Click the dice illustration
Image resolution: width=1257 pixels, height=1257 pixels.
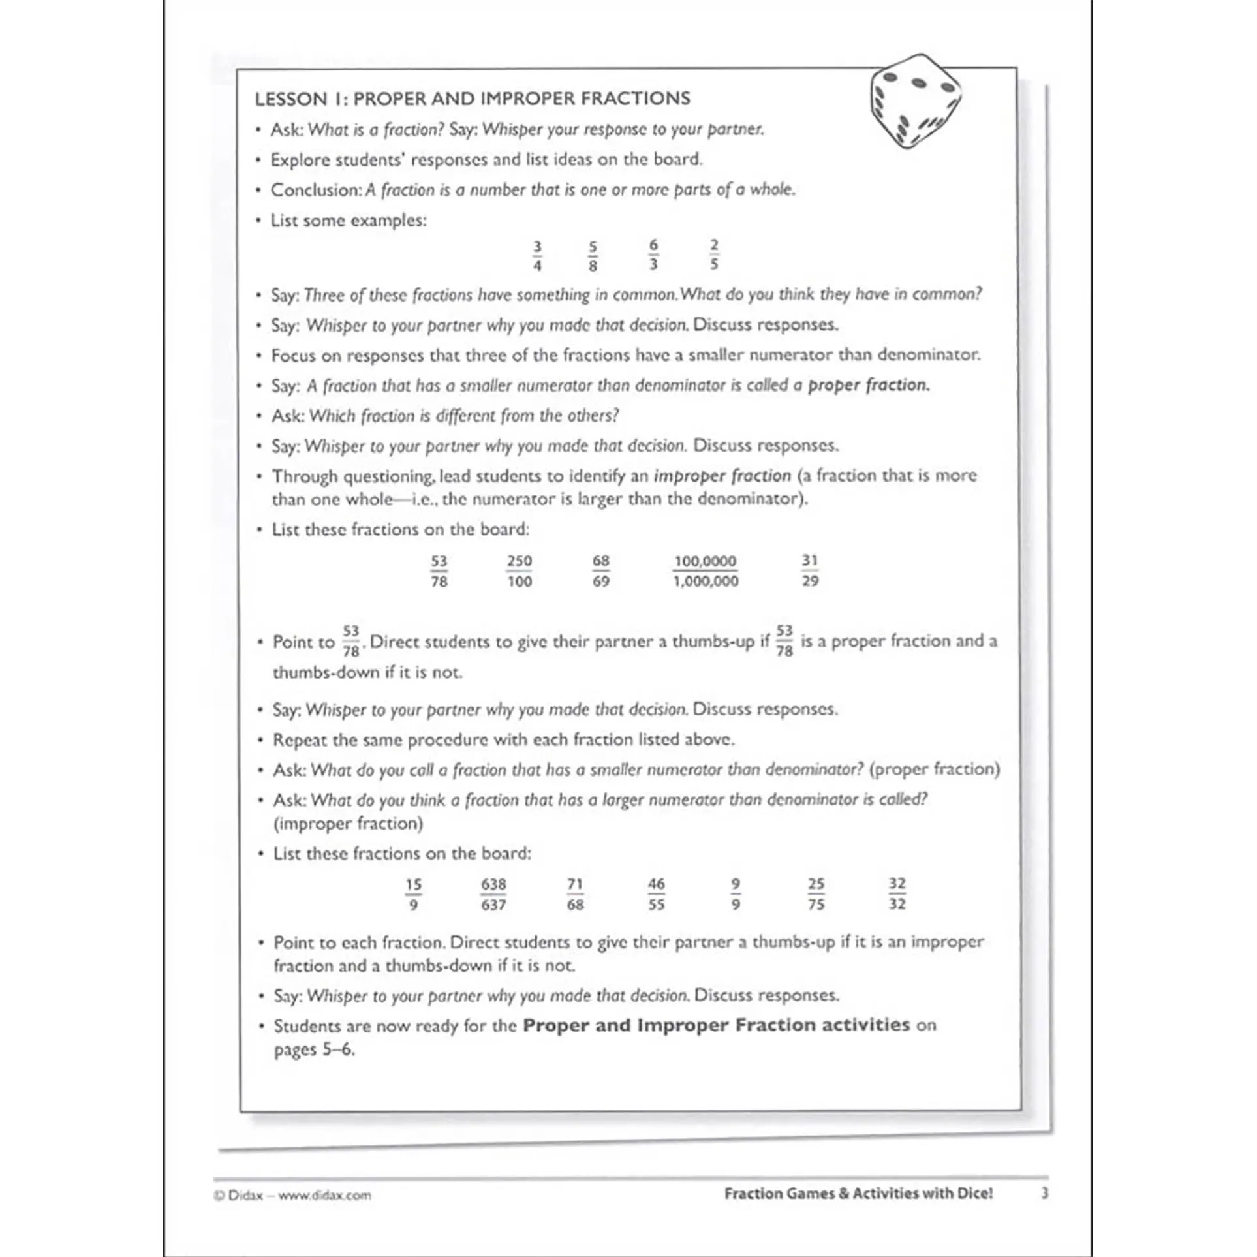coord(915,101)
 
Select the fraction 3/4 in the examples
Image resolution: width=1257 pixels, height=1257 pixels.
coord(537,256)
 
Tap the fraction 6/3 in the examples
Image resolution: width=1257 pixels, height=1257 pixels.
coord(653,255)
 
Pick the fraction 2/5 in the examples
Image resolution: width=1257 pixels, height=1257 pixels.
coord(714,255)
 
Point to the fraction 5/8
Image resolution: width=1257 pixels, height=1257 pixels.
coord(593,256)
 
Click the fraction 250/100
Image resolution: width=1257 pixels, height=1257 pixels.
coord(520,571)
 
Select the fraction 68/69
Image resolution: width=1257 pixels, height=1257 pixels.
coord(601,571)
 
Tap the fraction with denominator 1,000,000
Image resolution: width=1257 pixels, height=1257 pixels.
coord(706,571)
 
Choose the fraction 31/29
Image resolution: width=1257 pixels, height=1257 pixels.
coord(810,570)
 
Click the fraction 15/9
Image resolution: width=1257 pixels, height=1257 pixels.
coord(413,895)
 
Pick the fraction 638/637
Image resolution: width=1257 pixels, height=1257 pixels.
coord(493,895)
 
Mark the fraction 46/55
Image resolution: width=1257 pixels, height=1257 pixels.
coord(656,895)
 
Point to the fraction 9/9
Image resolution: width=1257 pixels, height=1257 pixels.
coord(736,894)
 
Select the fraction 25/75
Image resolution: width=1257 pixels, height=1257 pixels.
coord(816,894)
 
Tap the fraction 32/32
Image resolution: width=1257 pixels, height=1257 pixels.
coord(897,894)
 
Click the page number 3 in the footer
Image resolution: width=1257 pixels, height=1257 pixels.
coord(1044,1193)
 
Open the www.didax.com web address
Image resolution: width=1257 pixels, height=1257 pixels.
coord(324,1196)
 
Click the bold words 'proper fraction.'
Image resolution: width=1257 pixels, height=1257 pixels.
coord(869,385)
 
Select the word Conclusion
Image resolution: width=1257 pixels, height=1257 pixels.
coord(316,190)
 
